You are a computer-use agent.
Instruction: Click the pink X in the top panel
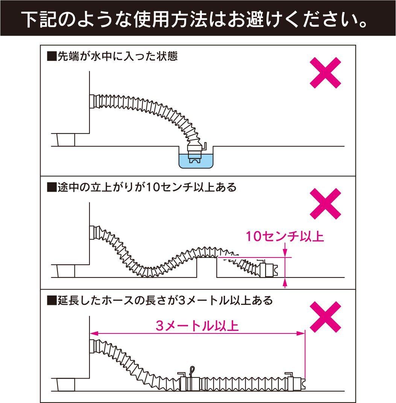[325, 73]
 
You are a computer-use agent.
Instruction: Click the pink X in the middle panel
[325, 203]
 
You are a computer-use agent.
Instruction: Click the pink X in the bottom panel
[325, 317]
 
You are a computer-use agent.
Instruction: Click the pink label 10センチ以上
[285, 237]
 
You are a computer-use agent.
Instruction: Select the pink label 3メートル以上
[197, 326]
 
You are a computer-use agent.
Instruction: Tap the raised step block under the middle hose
[206, 268]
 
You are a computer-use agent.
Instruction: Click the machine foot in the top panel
[65, 140]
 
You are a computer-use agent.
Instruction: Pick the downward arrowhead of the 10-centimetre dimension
[285, 253]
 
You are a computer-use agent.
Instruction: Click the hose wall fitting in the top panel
[93, 102]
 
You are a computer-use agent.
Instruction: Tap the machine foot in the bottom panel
[65, 385]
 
